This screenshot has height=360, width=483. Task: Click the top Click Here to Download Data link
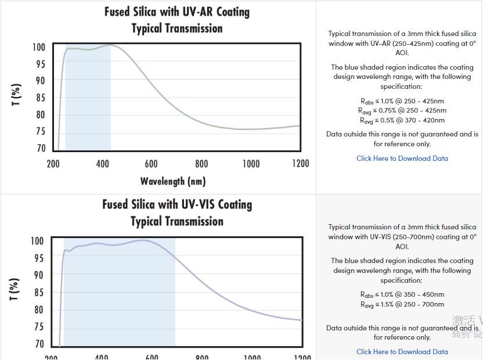(402, 158)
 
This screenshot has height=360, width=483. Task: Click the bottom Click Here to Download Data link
(402, 351)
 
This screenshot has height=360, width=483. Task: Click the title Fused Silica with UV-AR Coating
(177, 12)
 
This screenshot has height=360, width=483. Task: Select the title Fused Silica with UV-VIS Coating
(177, 204)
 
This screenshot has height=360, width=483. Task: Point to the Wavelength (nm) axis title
(173, 181)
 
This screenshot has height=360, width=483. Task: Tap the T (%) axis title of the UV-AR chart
(16, 95)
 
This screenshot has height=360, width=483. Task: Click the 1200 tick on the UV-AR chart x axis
(300, 164)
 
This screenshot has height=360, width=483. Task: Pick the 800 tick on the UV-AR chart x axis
(201, 164)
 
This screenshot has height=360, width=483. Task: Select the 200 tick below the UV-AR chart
(53, 164)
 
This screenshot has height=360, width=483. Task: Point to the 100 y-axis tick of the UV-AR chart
(38, 48)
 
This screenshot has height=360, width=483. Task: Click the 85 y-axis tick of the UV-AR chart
(39, 98)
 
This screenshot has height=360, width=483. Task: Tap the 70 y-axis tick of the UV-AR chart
(39, 148)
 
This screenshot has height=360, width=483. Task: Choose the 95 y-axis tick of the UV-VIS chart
(38, 258)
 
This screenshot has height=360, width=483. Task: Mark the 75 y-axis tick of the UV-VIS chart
(38, 327)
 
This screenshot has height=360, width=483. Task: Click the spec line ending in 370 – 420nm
(402, 120)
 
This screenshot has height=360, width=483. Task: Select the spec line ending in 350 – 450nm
(402, 294)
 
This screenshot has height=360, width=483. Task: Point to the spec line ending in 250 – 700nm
(402, 304)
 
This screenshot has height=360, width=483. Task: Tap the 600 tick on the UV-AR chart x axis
(151, 164)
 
